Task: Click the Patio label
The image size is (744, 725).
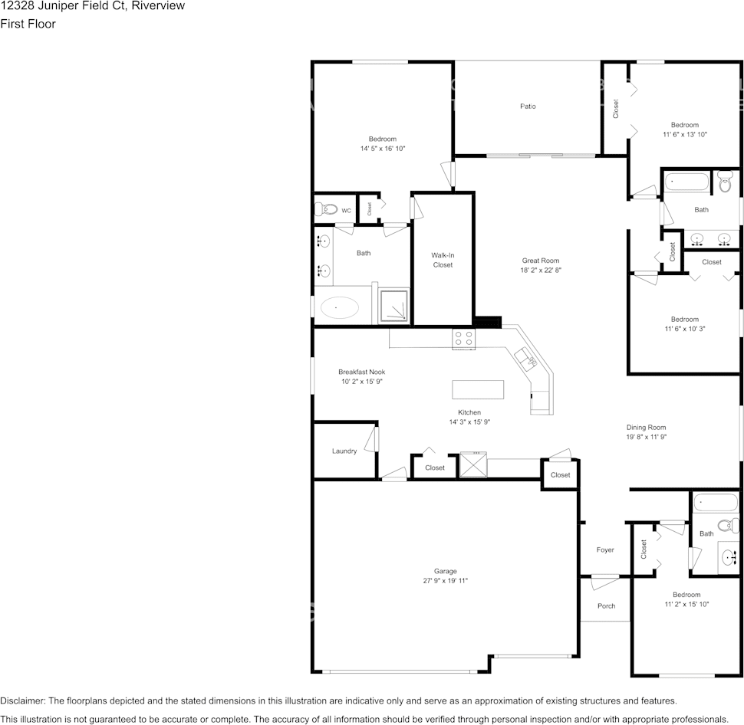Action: [x=528, y=107]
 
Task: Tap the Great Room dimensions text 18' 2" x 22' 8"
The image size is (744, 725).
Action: [x=542, y=271]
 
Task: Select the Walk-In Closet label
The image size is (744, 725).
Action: [x=442, y=260]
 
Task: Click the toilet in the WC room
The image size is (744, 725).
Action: [x=327, y=209]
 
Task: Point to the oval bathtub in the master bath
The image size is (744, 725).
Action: [x=339, y=308]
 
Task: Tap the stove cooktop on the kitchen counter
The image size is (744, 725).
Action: [x=463, y=339]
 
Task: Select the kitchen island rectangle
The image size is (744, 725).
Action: [x=478, y=389]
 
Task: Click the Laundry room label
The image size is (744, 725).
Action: [x=344, y=451]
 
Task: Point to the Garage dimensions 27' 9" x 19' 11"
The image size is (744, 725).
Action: [x=446, y=581]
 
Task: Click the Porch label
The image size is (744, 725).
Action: [x=606, y=606]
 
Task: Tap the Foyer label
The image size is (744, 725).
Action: [x=605, y=550]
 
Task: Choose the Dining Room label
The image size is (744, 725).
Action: [x=646, y=428]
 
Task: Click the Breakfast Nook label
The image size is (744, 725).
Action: [x=361, y=372]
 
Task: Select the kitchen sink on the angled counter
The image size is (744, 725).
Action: [x=526, y=358]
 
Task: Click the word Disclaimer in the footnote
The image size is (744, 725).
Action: [x=22, y=700]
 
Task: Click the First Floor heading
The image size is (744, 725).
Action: [x=28, y=24]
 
